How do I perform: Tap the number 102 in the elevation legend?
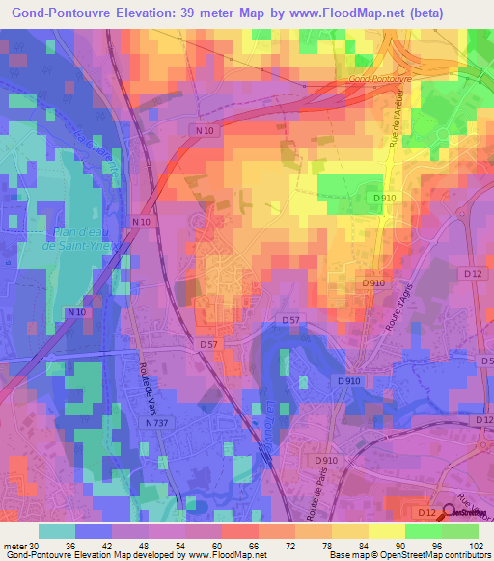pyautogui.click(x=474, y=545)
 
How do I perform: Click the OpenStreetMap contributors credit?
pyautogui.click(x=434, y=555)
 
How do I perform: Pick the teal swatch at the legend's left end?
pyautogui.click(x=57, y=531)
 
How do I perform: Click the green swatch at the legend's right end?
pyautogui.click(x=459, y=531)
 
